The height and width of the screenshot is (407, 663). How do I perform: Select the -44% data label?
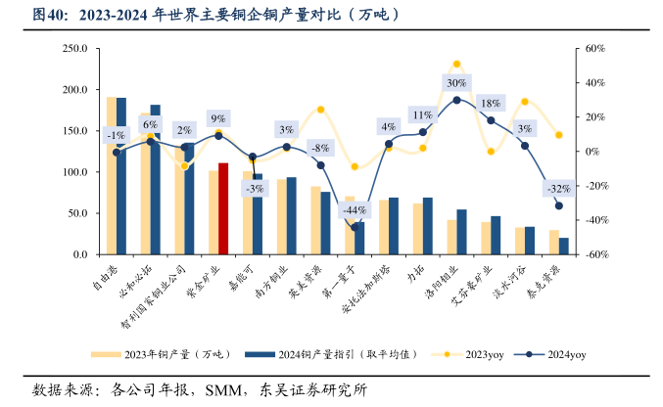click(355, 210)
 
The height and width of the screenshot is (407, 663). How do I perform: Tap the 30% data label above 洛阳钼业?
click(456, 83)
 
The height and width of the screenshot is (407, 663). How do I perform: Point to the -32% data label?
click(559, 188)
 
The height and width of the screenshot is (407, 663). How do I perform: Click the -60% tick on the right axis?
click(596, 254)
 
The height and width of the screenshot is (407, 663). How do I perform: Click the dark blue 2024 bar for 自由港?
click(121, 176)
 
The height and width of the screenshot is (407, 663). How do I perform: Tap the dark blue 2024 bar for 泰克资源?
click(563, 246)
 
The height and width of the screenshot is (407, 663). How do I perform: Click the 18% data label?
click(491, 104)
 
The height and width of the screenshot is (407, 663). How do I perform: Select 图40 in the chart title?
click(51, 15)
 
